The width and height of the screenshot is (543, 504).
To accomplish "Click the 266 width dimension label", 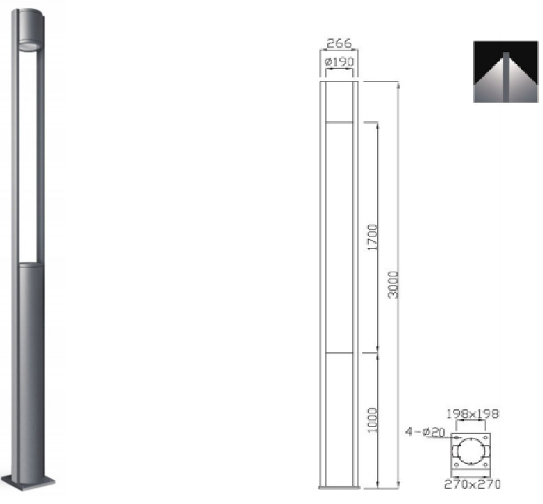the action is click(339, 43).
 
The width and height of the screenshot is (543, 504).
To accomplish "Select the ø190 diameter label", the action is click(339, 62).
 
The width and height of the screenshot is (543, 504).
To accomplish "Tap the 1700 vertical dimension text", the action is click(372, 237).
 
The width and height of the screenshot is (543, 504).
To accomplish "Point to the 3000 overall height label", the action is click(393, 285).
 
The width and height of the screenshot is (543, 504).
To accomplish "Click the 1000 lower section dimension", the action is click(372, 420).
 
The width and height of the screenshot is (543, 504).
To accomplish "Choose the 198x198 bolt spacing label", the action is click(472, 414).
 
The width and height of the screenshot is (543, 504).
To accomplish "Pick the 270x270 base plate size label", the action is click(472, 484).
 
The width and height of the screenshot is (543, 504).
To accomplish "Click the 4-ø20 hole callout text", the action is click(425, 432).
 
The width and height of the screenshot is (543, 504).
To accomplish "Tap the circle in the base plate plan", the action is click(470, 451).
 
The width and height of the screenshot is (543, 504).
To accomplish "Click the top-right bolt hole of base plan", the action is click(485, 438).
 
